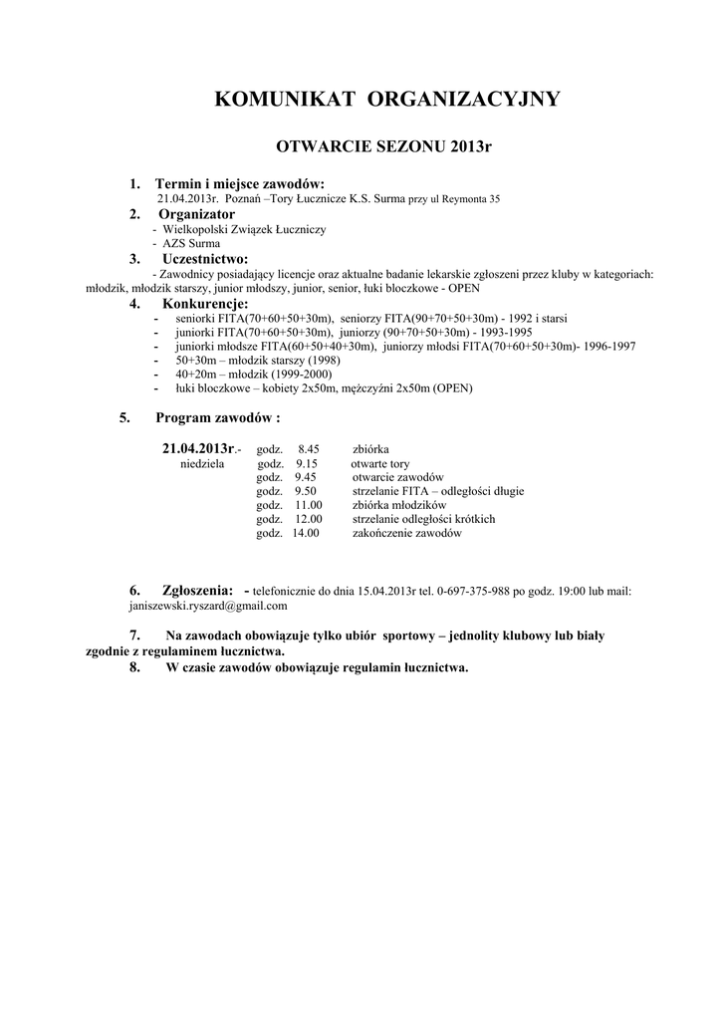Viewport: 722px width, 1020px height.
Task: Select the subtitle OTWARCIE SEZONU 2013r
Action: tap(383, 147)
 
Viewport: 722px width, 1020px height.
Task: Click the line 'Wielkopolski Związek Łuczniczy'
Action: tap(244, 229)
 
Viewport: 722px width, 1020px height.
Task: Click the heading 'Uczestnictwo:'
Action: tap(205, 259)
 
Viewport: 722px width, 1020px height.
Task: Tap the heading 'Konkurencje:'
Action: tap(205, 304)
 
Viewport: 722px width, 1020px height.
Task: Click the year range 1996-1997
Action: tap(609, 346)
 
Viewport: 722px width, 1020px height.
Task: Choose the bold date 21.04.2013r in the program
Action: tap(198, 449)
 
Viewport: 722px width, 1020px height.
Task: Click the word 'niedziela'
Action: tap(202, 464)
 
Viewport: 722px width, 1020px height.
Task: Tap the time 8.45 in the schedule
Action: tap(308, 450)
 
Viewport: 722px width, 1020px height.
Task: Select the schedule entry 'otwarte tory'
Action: tap(379, 464)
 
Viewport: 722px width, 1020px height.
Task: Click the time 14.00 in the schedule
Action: tap(305, 534)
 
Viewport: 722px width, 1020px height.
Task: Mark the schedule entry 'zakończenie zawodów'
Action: tap(407, 534)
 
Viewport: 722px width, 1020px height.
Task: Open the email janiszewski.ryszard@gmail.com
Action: tap(208, 606)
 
